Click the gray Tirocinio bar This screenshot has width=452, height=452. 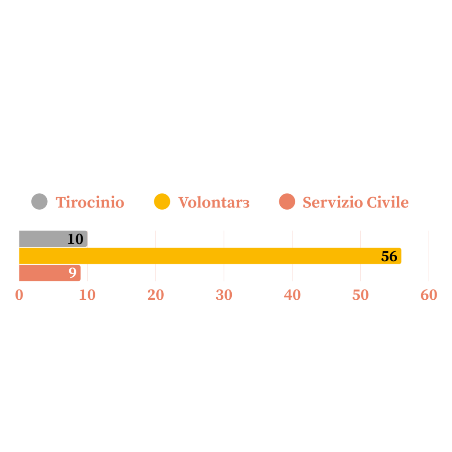point(53,239)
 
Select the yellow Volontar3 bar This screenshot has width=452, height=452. point(210,256)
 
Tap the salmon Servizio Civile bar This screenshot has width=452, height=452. point(50,273)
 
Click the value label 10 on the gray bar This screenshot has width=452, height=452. point(75,239)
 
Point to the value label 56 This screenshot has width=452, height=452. point(389,256)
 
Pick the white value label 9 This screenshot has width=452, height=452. point(72,273)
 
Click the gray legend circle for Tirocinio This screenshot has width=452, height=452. point(39,201)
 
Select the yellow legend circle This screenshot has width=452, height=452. point(162,201)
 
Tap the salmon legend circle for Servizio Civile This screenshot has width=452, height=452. point(287,201)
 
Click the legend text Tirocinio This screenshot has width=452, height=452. point(90,202)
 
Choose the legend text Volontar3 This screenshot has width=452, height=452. point(214,202)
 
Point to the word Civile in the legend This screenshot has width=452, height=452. point(388,202)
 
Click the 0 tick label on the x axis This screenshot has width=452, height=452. point(19,295)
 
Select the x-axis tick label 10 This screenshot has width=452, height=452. point(87,295)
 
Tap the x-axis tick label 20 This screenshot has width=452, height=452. point(156,295)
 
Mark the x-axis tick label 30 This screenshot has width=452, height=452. point(224,295)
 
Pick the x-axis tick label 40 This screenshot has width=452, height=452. point(292,295)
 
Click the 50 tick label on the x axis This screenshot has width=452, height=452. point(360,295)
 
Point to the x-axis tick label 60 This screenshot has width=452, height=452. point(429,295)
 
